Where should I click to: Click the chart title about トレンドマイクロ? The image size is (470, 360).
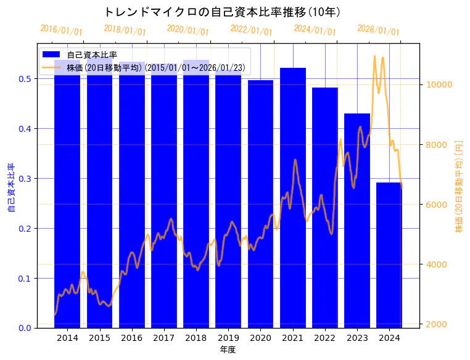pyautogui.click(x=223, y=12)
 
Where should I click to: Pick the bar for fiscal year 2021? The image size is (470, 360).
pyautogui.click(x=293, y=198)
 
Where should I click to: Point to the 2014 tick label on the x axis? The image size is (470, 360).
pyautogui.click(x=67, y=338)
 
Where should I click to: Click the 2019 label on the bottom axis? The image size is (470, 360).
pyautogui.click(x=228, y=338)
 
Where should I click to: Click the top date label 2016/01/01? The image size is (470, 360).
pyautogui.click(x=61, y=30)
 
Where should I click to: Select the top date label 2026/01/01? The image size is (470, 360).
pyautogui.click(x=378, y=30)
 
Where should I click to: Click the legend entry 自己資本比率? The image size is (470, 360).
pyautogui.click(x=93, y=55)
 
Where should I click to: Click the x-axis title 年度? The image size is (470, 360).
pyautogui.click(x=228, y=350)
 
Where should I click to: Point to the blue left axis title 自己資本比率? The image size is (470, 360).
pyautogui.click(x=10, y=187)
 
